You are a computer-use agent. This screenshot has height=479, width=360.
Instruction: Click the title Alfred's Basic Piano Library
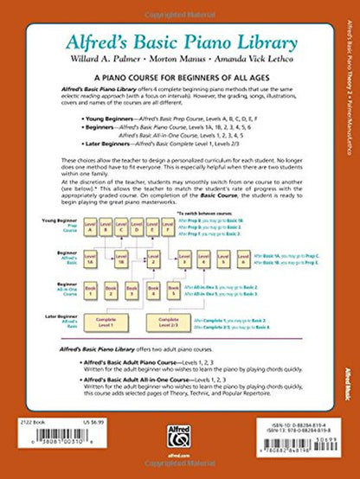click(172, 37)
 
